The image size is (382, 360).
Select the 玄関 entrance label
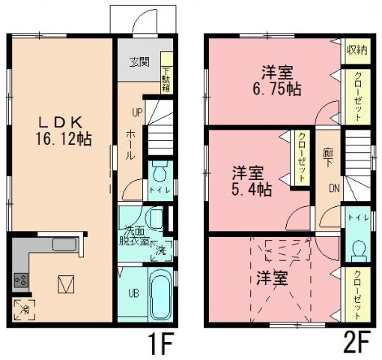click(138, 61)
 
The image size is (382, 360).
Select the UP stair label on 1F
click(137, 113)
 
